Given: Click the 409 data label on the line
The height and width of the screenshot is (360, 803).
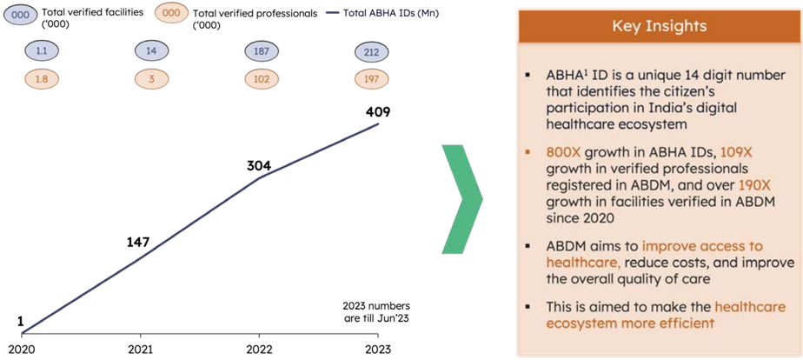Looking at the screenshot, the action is coord(378,111).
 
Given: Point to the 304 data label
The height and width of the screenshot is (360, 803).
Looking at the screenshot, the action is coord(259,165).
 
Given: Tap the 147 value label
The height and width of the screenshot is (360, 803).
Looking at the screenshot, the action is coord(138,242).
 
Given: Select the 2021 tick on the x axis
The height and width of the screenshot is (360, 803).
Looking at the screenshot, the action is coord(140,350).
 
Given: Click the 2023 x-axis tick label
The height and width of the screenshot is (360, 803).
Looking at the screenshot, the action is coord(378,350).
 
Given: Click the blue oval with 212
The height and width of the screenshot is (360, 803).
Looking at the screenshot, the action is coord(372,53).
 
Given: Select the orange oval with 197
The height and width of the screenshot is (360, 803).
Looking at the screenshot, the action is coord(372,79).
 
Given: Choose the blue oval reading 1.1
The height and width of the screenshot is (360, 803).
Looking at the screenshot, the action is coord(42,51).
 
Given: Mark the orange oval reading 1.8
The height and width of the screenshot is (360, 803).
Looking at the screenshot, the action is coord(42,79).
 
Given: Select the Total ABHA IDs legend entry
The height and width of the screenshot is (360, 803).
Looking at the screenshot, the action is coord(382,13).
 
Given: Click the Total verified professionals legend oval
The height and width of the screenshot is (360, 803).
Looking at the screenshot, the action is coord(175,14).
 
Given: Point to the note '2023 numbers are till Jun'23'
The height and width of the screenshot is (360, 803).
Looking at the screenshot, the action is coord(376,311).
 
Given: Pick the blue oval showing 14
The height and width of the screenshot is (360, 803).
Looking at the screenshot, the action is coord(152,51).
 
